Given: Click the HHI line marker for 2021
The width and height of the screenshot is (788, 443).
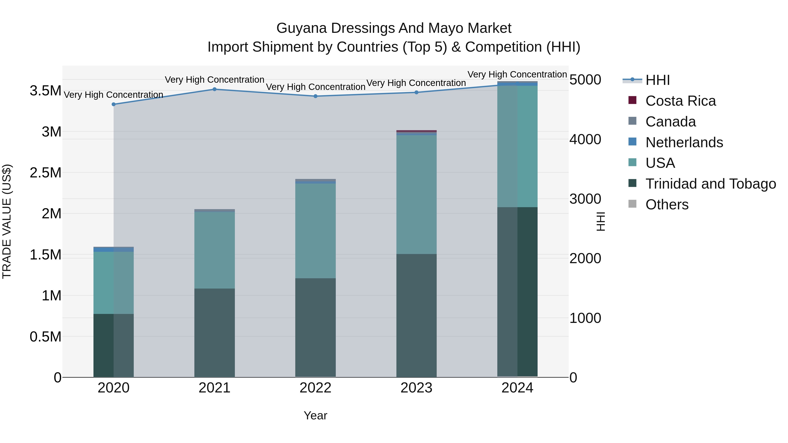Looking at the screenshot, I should coord(215,89).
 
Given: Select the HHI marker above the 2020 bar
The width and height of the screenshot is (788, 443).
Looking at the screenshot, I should coord(113,104).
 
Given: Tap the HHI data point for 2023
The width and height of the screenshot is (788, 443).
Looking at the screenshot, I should coord(416,92).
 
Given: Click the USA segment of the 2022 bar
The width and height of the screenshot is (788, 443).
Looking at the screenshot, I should coord(315,231).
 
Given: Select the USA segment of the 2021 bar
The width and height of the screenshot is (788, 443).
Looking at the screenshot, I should coord(215,250).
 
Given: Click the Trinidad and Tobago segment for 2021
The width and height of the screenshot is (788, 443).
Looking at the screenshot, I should coord(215,333).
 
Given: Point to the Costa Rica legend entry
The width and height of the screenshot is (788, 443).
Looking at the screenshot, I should coord(680,101).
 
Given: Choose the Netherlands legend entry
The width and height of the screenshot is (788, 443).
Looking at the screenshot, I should coord(684,142).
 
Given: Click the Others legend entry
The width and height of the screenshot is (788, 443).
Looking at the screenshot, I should coord(667,205).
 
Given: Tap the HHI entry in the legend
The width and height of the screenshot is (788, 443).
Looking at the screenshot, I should coord(658,80).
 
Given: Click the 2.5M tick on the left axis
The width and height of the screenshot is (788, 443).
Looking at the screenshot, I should coord(46,173).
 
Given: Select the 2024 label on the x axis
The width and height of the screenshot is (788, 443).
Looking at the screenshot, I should coord(517,388).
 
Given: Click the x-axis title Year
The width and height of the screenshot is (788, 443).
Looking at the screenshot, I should coord(315,415).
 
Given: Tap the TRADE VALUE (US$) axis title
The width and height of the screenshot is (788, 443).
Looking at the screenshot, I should coord(7,221).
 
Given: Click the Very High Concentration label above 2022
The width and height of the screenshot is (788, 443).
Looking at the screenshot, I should coord(315,87).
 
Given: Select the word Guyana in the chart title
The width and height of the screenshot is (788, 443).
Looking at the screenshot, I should coord(302,28).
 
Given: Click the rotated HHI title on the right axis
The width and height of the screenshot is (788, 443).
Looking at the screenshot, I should coord(601,221).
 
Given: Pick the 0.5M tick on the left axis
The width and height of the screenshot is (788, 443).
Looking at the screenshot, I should coord(46,337).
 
